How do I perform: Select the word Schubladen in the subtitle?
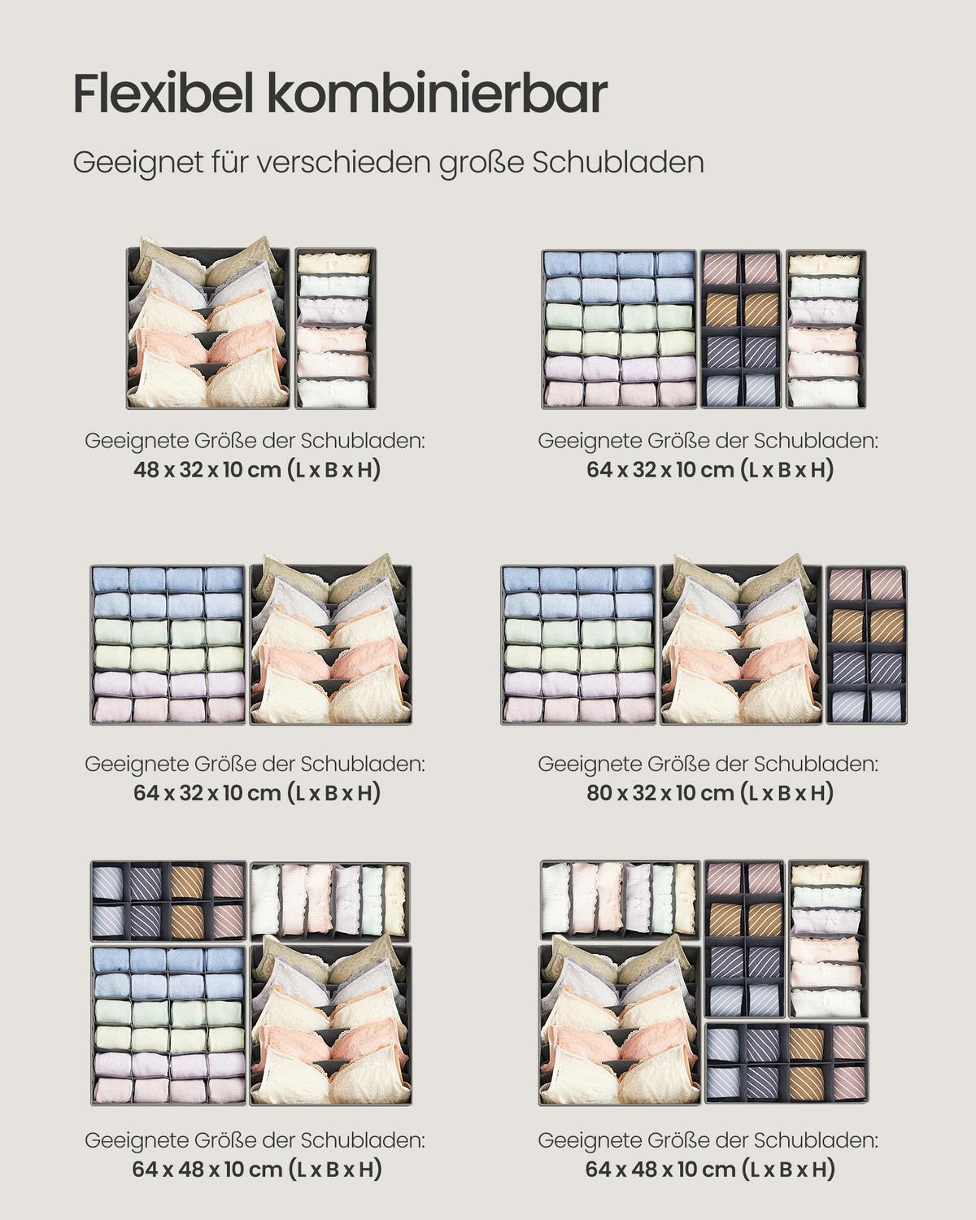[618, 162]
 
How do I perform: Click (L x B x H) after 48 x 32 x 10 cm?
[334, 470]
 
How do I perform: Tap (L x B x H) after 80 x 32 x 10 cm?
[787, 793]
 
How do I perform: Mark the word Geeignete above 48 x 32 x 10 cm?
[137, 441]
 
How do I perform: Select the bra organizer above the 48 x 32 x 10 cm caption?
[208, 327]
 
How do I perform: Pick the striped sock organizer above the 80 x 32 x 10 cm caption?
[865, 644]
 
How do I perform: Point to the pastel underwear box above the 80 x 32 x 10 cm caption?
[579, 644]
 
